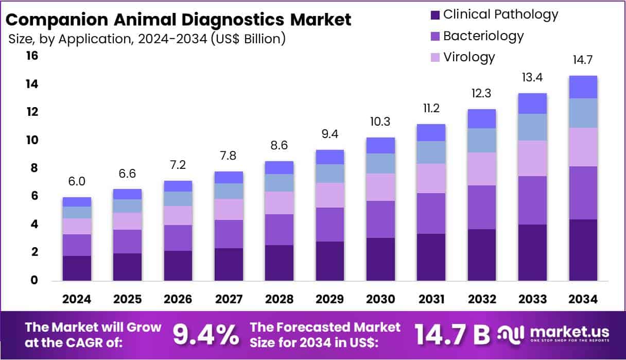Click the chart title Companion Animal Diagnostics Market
(178, 20)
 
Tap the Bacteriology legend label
(483, 36)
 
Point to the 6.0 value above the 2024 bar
(77, 181)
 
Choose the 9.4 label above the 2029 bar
(329, 134)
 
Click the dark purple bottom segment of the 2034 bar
(583, 250)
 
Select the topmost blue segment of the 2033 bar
(532, 104)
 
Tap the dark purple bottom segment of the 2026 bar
(178, 265)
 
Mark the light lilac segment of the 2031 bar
(430, 178)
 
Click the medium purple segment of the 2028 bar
(279, 230)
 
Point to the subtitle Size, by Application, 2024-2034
(147, 39)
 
